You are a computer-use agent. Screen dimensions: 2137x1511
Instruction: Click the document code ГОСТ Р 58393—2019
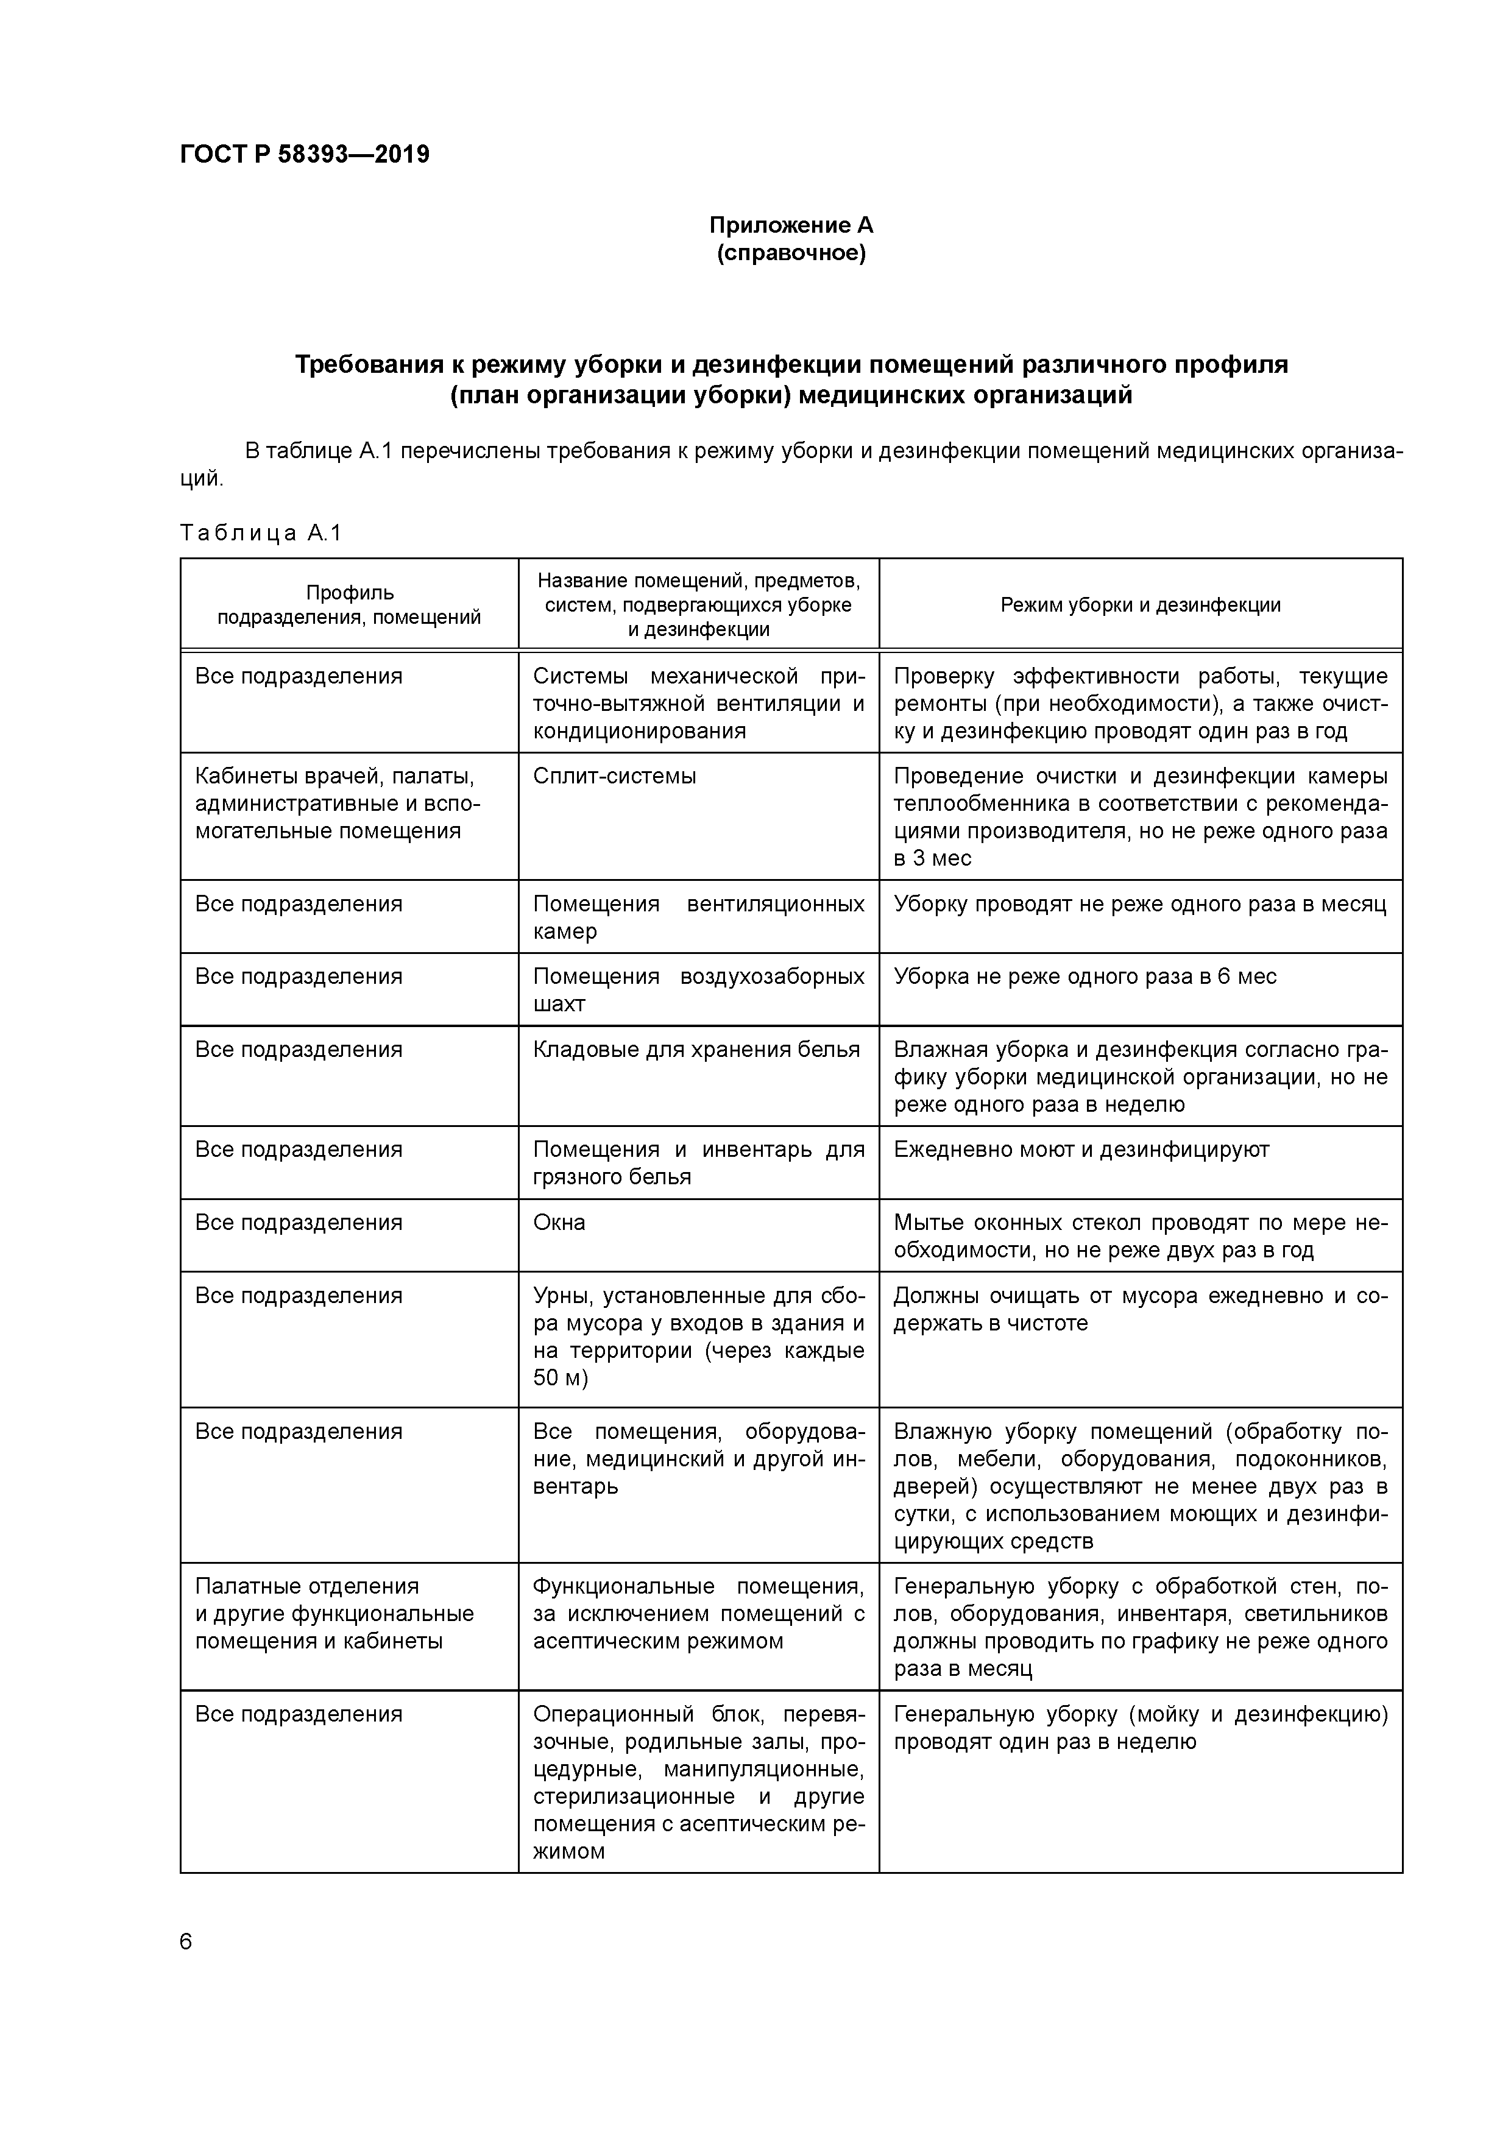click(x=305, y=155)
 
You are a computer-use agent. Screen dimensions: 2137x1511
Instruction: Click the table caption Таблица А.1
click(x=261, y=532)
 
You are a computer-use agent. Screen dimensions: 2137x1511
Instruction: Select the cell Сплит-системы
click(x=615, y=776)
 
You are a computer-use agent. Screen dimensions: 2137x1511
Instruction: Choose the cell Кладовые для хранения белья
click(x=696, y=1050)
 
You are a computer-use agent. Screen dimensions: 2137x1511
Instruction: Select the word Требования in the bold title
click(x=368, y=365)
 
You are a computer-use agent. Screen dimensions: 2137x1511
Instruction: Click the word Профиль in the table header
click(x=350, y=593)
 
